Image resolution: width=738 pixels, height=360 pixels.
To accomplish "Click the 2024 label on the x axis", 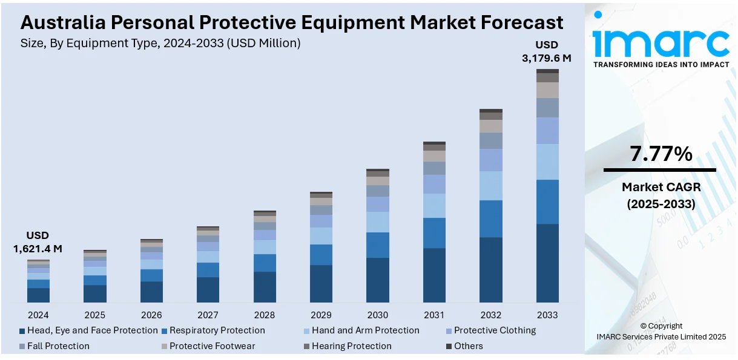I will [38, 315].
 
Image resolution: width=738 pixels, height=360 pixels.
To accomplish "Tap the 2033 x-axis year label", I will [547, 315].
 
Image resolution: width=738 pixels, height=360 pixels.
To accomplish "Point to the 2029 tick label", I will [321, 315].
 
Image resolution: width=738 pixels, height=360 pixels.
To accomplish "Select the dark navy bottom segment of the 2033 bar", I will [547, 263].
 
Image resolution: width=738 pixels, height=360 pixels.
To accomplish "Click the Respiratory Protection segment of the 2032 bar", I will [491, 218].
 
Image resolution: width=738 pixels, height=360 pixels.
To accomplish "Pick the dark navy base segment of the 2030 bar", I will [378, 280].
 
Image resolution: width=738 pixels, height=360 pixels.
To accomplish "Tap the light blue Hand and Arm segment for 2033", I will [547, 162].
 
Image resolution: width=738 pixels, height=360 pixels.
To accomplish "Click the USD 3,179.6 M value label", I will [547, 51].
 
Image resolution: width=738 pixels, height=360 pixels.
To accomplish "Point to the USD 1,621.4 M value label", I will [38, 242].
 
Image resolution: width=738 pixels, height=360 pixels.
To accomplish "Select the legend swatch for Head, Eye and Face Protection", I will [22, 331].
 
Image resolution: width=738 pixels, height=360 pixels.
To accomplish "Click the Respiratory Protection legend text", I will [217, 330].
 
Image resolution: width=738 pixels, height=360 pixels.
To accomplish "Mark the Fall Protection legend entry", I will [58, 346].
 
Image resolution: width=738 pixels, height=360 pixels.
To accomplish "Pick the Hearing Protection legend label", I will [352, 346].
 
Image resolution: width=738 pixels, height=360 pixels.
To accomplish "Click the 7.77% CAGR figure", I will [661, 154].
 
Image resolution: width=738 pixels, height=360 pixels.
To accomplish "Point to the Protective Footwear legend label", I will [212, 346].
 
